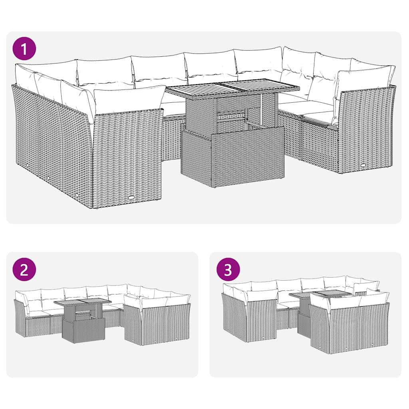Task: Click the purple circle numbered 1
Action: point(24,50)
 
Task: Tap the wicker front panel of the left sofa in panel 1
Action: point(128,156)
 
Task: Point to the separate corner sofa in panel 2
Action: point(158,320)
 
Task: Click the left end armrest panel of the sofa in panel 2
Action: point(20,318)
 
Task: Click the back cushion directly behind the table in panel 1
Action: point(211,66)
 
